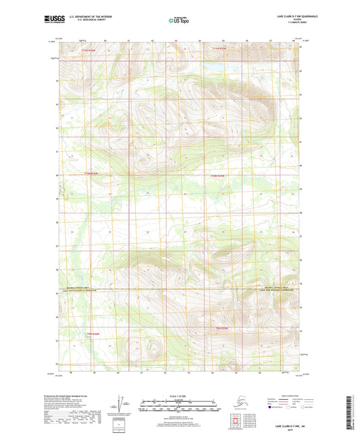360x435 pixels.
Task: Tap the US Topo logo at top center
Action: (178, 20)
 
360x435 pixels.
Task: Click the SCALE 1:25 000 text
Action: (179, 394)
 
